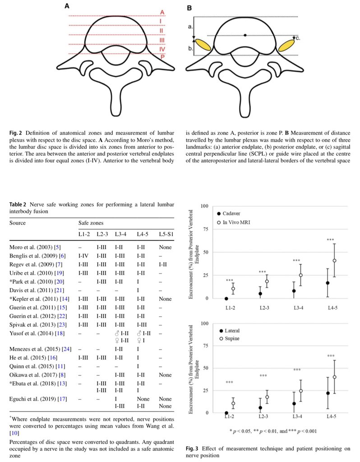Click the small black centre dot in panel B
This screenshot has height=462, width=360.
(x=245, y=35)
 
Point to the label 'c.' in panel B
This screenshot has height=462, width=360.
(x=297, y=39)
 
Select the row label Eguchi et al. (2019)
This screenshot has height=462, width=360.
(x=34, y=399)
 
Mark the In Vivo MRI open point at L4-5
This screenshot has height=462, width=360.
(x=335, y=260)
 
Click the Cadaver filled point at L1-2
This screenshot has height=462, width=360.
(x=226, y=299)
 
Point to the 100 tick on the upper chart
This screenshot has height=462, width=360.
(x=204, y=206)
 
